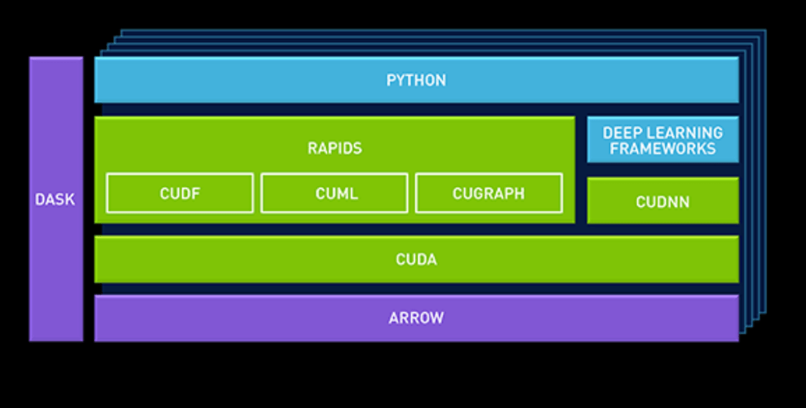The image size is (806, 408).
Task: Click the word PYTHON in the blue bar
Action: [x=416, y=80]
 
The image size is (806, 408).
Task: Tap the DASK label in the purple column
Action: [x=55, y=199]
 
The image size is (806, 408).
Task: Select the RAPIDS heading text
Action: [x=334, y=149]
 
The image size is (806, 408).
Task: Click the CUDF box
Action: [x=180, y=193]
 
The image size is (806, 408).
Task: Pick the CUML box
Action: [x=334, y=193]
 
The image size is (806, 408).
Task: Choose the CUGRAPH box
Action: [x=488, y=193]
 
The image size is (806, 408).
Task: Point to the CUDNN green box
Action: [x=663, y=200]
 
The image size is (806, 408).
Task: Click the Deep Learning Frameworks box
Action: [x=663, y=140]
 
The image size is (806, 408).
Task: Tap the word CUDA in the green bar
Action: [x=416, y=259]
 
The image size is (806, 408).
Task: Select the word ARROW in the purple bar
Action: [x=416, y=318]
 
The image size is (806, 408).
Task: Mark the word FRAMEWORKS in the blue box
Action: [x=663, y=149]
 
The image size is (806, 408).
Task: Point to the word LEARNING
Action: [x=686, y=132]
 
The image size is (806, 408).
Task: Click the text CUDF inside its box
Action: [x=180, y=194]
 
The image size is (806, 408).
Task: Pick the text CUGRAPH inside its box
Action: [x=488, y=194]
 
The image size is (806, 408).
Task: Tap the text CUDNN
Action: [x=663, y=201]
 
